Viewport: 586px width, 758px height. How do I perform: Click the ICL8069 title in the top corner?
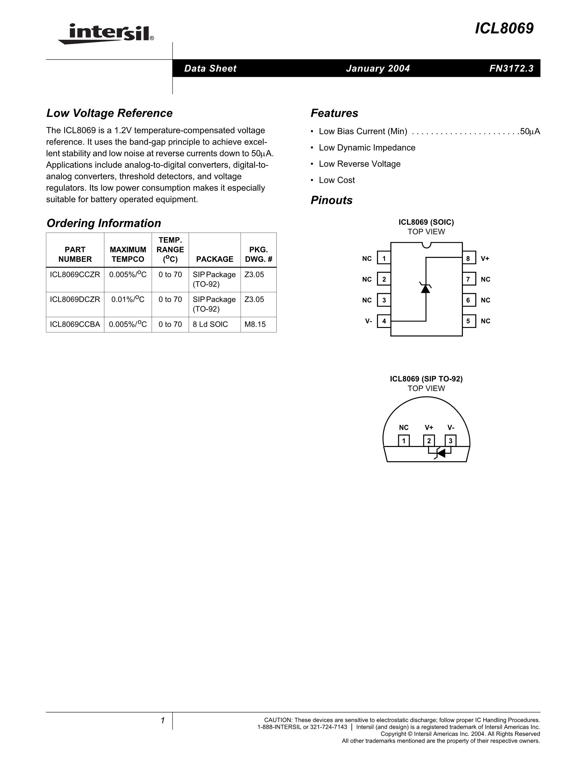[x=504, y=29]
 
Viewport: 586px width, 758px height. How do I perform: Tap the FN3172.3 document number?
[x=511, y=69]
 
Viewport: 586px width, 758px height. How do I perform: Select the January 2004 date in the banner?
[x=378, y=69]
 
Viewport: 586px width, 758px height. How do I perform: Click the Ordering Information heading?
[x=104, y=223]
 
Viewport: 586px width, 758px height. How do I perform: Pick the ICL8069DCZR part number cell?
[x=75, y=300]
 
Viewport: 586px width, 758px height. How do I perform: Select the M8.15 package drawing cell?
[x=255, y=325]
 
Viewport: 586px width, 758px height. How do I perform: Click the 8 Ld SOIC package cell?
[x=211, y=325]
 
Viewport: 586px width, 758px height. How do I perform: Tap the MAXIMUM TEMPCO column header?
[x=128, y=254]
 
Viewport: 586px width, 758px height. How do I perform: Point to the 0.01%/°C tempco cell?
[x=128, y=300]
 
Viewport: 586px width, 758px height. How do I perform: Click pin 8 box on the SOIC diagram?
[x=468, y=259]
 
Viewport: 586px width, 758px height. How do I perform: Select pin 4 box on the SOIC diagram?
[x=384, y=321]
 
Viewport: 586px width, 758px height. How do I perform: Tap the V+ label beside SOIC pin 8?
[x=485, y=259]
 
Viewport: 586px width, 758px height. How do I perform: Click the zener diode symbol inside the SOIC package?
[x=426, y=288]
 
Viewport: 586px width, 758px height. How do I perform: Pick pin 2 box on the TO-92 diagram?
[x=429, y=441]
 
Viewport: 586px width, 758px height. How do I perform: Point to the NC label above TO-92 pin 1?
[x=404, y=428]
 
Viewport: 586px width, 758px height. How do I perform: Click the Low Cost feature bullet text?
[x=337, y=180]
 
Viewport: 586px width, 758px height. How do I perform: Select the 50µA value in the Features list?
[x=530, y=132]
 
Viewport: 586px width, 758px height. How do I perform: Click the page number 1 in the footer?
[x=163, y=721]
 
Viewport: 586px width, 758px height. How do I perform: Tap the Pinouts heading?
[x=331, y=201]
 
